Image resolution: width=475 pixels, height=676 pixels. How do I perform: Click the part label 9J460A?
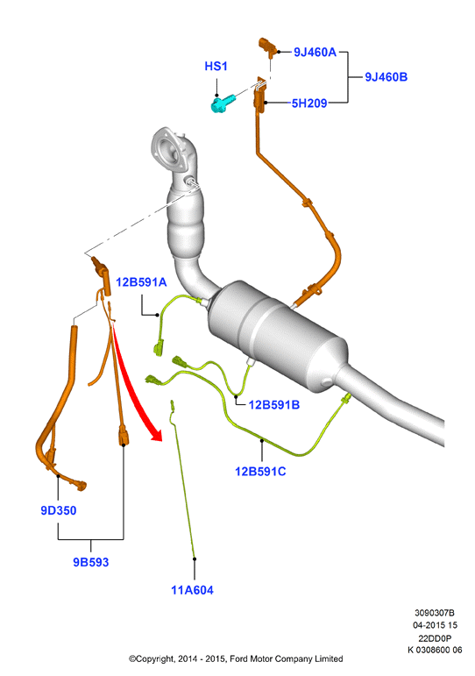click(x=315, y=52)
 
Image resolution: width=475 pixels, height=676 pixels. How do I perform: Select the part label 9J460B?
click(x=386, y=77)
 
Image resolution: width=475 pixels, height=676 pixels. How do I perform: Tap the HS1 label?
click(x=216, y=66)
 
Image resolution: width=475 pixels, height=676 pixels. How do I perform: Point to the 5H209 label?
click(x=309, y=103)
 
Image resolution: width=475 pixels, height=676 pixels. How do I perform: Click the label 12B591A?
click(x=141, y=282)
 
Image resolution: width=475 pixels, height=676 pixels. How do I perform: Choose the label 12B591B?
click(x=273, y=405)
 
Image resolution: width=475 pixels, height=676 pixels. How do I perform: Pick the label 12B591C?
click(x=260, y=471)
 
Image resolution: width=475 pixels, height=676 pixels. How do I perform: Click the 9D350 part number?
click(x=58, y=510)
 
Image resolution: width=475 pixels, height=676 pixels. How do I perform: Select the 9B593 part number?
click(x=90, y=562)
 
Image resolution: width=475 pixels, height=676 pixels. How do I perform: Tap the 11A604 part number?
click(x=192, y=590)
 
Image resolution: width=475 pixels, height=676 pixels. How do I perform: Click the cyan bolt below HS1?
click(x=223, y=104)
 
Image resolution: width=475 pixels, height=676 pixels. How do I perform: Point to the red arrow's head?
click(x=155, y=434)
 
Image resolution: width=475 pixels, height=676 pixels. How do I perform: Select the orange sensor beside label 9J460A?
click(x=267, y=46)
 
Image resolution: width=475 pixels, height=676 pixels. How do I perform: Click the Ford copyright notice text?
click(x=236, y=658)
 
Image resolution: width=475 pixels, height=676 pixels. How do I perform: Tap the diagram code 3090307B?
click(x=435, y=613)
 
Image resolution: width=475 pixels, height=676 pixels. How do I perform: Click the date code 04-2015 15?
click(x=435, y=625)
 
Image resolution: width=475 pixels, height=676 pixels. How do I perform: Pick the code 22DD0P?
click(x=435, y=638)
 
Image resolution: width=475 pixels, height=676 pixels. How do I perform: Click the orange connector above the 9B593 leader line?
click(x=123, y=435)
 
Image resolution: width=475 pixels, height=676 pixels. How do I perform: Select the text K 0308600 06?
click(x=435, y=650)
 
